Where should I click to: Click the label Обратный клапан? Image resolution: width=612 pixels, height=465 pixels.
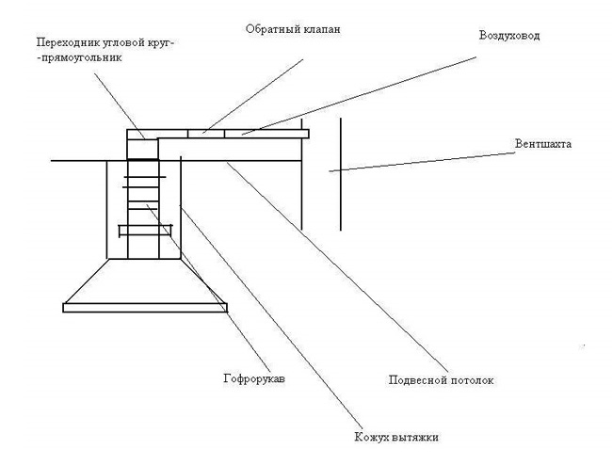tap(293, 29)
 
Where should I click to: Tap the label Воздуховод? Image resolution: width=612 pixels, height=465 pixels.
tap(509, 36)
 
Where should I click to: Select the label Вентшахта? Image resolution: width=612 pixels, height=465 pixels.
tap(543, 144)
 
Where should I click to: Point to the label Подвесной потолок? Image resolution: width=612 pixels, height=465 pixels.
tap(441, 380)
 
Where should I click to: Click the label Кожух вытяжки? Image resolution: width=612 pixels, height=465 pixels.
tap(396, 437)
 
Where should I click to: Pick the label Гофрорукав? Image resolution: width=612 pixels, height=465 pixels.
tap(254, 378)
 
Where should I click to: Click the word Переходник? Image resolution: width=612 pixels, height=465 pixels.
tap(68, 42)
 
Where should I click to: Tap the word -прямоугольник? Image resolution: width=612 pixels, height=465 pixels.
tap(79, 58)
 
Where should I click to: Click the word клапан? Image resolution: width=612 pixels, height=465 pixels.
tap(321, 29)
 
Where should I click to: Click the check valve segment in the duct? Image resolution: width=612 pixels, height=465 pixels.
tap(206, 134)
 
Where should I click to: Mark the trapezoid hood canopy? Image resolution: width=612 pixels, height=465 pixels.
tap(145, 281)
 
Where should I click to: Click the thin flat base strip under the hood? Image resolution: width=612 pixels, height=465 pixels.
tap(145, 308)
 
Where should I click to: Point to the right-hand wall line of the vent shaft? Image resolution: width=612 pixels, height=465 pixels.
tap(340, 174)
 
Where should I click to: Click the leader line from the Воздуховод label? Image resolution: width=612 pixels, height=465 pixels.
tap(359, 96)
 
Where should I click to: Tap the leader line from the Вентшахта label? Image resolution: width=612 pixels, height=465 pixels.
tap(422, 162)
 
